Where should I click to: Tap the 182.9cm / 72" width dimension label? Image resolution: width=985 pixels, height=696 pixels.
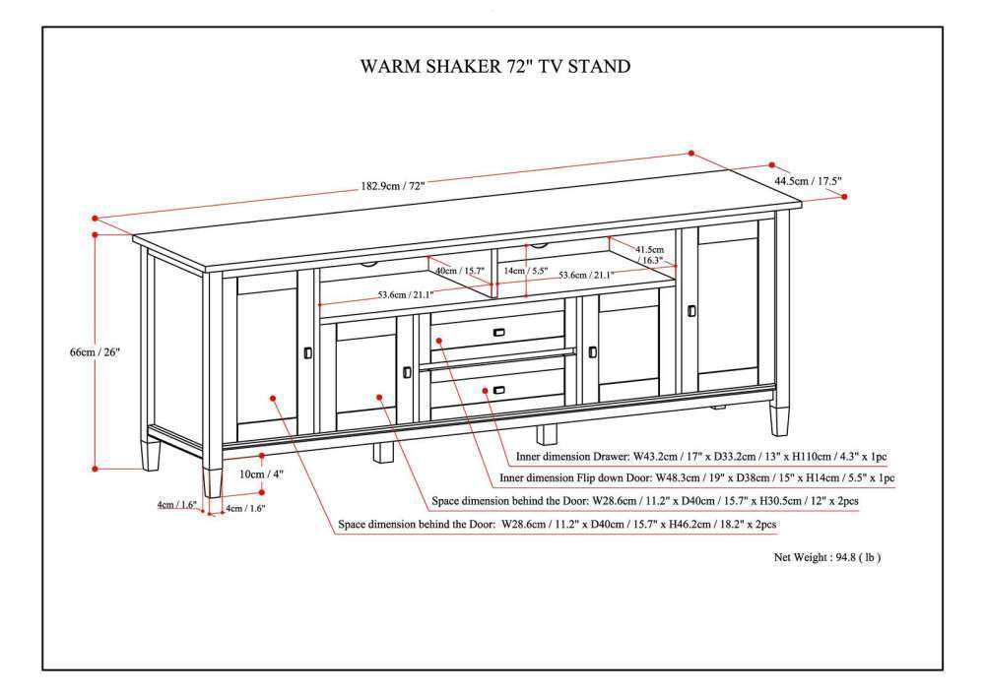(x=391, y=186)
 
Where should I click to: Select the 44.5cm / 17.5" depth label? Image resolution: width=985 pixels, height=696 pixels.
(x=808, y=180)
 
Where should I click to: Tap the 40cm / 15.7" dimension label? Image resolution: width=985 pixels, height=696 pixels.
(x=460, y=271)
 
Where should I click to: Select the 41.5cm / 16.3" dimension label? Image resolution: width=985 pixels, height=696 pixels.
(x=649, y=255)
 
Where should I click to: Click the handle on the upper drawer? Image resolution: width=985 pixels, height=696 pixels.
(x=500, y=332)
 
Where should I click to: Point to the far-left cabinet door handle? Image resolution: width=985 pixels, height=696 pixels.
(x=308, y=351)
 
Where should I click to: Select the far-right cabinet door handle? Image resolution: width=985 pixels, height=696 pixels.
(x=690, y=311)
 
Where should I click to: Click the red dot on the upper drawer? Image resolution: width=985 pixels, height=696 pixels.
(x=438, y=341)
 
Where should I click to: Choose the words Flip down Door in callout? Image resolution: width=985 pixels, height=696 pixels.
(x=601, y=478)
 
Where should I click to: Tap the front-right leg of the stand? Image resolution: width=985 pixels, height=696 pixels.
(x=779, y=420)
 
